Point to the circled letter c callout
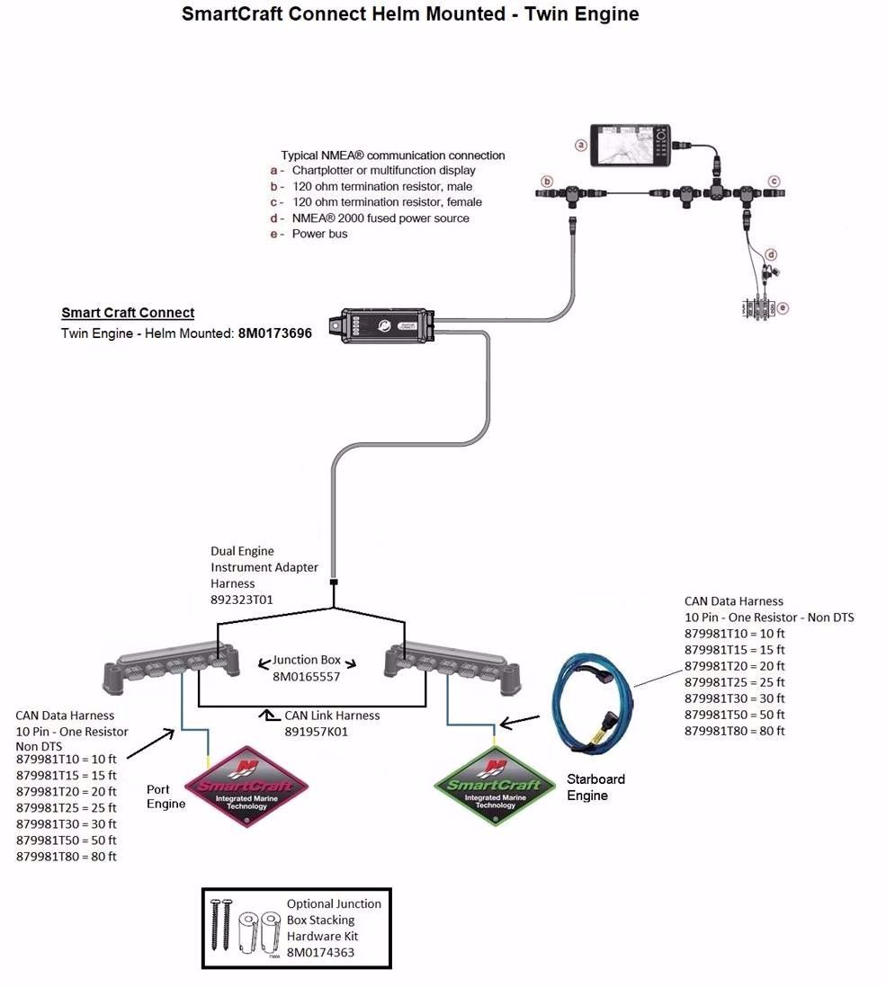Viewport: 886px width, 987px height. pos(773,181)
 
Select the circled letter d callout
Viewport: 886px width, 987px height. pos(771,254)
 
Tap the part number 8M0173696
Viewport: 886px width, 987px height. pos(274,333)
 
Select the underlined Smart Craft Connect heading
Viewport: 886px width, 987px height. pos(128,313)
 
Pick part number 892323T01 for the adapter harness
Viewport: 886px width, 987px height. pos(242,600)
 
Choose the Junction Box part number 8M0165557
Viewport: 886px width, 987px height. pos(309,677)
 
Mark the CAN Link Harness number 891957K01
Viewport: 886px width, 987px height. pos(317,732)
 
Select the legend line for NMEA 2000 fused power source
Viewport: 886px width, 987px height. pos(380,218)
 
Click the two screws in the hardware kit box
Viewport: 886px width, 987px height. pos(222,924)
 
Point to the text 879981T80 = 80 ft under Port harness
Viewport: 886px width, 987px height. pos(67,857)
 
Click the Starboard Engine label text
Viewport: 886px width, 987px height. pos(595,787)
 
